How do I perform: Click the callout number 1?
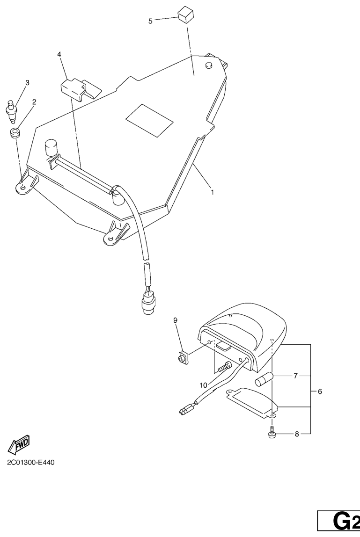212,192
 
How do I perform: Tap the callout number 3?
27,83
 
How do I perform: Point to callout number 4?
59,55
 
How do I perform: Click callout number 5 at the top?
150,21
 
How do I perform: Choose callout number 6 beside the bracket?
320,391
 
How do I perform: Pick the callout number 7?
295,376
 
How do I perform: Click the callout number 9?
176,320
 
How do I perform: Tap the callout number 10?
203,385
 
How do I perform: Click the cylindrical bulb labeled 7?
264,379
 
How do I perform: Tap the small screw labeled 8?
272,433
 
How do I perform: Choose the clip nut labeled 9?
182,359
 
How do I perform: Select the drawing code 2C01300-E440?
31,463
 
